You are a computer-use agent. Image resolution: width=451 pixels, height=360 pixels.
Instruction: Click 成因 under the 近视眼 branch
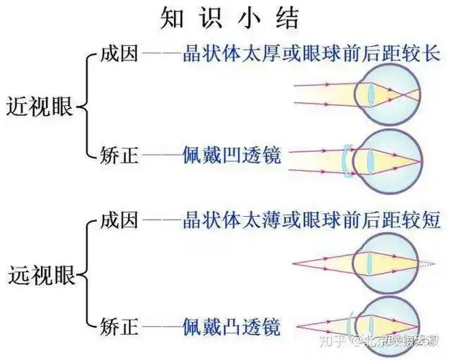point(118,55)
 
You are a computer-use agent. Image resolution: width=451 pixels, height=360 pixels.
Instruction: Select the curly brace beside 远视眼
point(84,274)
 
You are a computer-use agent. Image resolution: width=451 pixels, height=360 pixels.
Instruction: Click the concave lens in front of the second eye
point(347,160)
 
